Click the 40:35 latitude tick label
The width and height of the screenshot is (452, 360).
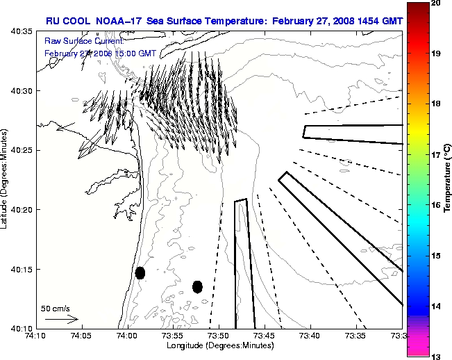(x=19, y=32)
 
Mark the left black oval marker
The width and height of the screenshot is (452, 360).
(x=140, y=272)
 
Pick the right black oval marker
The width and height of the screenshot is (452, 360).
(x=197, y=286)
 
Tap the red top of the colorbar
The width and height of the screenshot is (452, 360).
(x=417, y=8)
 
